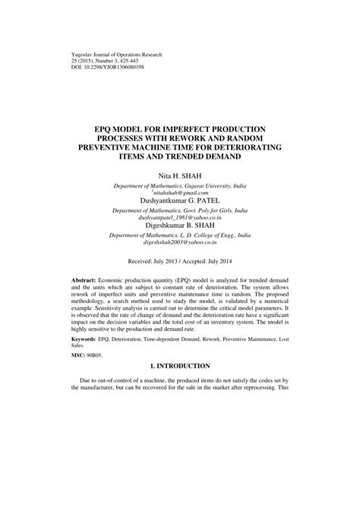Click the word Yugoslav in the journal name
[x=70, y=55]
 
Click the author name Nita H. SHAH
[x=180, y=175]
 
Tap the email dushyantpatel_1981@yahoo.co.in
[x=180, y=217]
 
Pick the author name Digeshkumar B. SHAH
[x=180, y=226]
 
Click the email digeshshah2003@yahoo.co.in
[x=180, y=242]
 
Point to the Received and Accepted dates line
[x=180, y=261]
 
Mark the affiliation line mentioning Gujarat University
[x=180, y=185]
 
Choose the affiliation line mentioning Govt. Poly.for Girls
[x=180, y=209]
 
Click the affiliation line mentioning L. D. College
[x=180, y=235]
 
